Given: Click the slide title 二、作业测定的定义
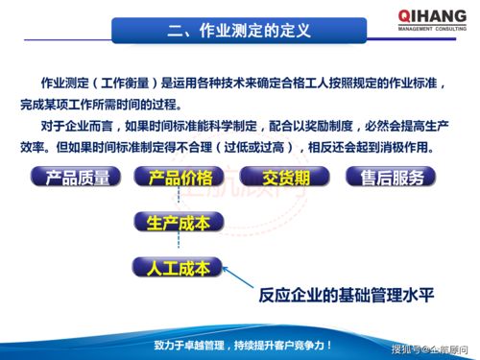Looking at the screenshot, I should point(239,29).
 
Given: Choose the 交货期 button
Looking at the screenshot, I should point(284,178).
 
